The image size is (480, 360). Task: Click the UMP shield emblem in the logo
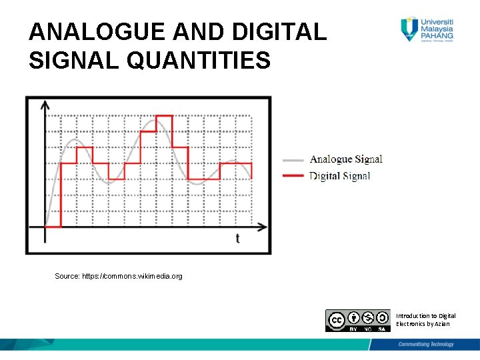point(409,29)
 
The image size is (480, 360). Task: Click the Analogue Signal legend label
point(345,159)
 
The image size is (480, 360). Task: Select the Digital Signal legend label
point(339,176)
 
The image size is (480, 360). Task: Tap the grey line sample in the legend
point(293,160)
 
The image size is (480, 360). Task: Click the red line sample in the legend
point(293,176)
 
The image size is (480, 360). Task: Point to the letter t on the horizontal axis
point(238,238)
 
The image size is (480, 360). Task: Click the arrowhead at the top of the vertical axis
point(45,105)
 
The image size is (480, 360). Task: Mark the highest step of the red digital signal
point(164,116)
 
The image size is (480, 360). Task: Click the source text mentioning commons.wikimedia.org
point(119,276)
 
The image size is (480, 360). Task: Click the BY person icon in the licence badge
point(354,318)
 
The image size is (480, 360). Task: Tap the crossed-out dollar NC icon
point(367,318)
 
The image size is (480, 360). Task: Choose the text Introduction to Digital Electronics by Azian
point(426,319)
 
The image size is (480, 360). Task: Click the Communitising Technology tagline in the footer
point(426,345)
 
